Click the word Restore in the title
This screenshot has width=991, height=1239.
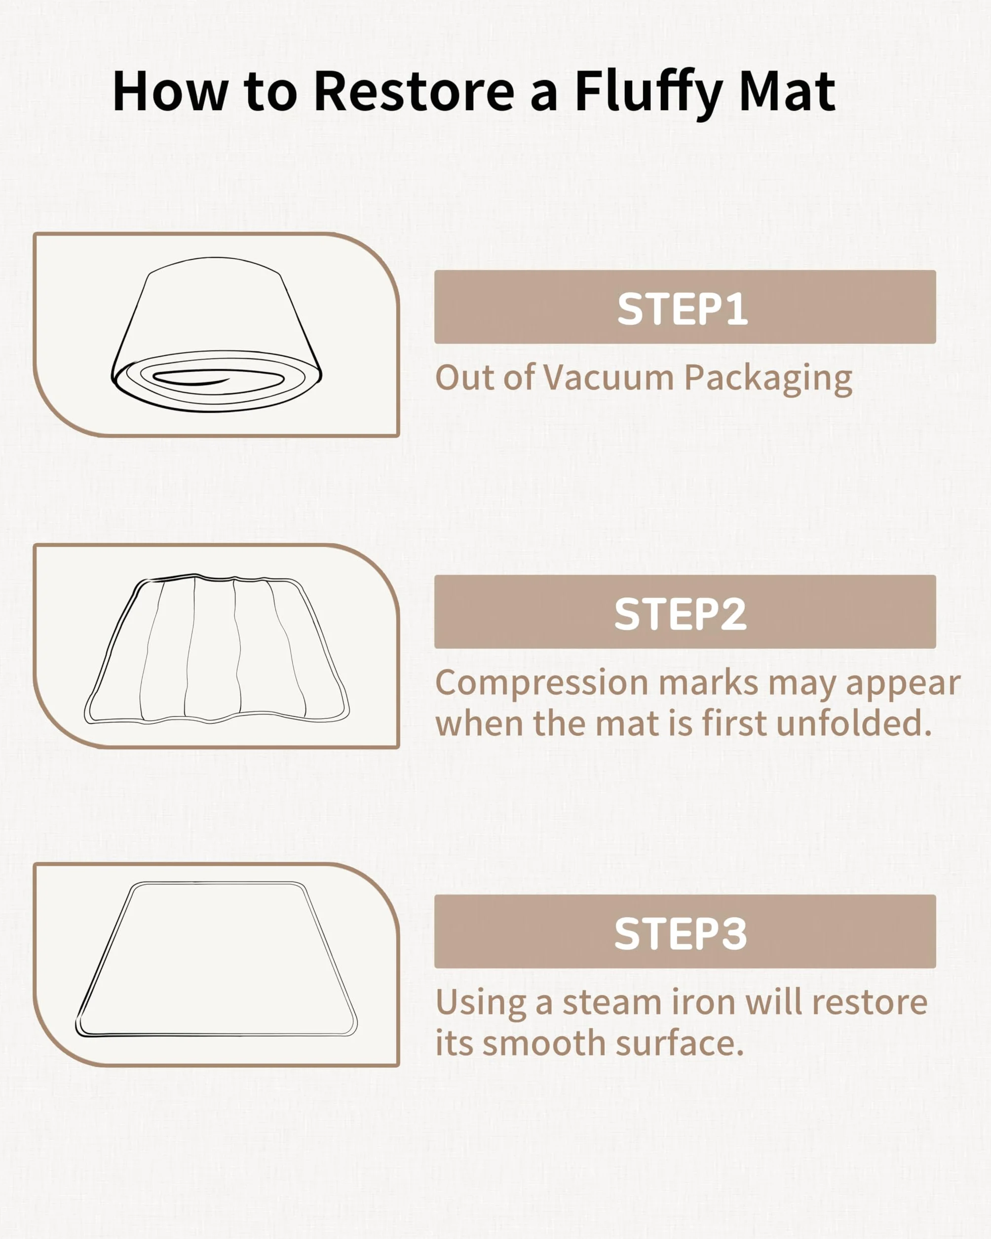tap(414, 91)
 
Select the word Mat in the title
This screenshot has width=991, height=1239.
tap(787, 91)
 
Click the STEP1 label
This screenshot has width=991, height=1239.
tap(683, 309)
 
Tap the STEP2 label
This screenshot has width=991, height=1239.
tap(681, 614)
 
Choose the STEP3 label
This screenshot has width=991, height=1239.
tap(681, 934)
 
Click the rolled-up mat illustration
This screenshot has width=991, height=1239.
tap(216, 335)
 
